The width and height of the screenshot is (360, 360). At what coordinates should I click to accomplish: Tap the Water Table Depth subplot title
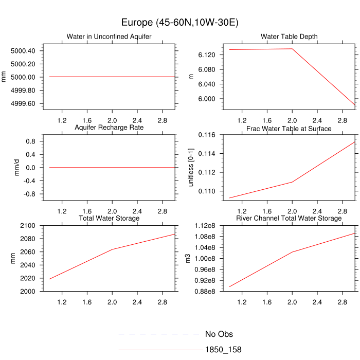[289, 37]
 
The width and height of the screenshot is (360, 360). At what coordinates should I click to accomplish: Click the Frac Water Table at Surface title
[289, 128]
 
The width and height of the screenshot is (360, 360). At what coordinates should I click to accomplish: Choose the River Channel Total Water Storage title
[289, 219]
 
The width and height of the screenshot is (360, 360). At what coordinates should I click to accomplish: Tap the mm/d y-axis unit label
[16, 168]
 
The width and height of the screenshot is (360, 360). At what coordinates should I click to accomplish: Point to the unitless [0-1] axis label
[192, 168]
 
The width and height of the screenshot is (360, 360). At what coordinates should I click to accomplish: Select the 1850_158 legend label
[223, 350]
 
